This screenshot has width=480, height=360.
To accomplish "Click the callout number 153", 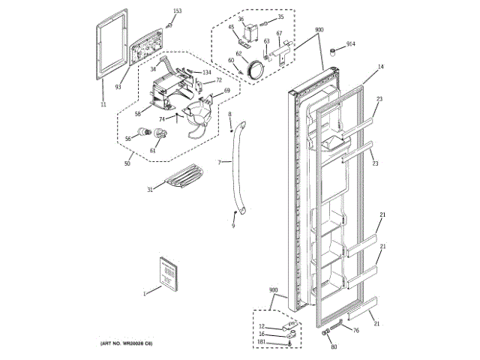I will [177, 10].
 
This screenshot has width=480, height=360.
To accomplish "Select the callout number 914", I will [351, 44].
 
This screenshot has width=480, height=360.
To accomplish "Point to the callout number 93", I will [118, 87].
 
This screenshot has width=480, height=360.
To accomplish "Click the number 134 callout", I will [206, 72].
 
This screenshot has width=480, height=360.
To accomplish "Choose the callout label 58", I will [138, 114].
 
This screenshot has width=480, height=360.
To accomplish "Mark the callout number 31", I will [150, 190].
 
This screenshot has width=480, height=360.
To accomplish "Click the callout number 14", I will [380, 67].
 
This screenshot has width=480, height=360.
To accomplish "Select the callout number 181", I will [261, 342].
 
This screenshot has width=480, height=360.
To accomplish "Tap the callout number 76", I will [355, 330].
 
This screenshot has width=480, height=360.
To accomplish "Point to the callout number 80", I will [334, 346].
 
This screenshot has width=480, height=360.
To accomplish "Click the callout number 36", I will [241, 19].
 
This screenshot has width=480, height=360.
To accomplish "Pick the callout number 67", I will [280, 34].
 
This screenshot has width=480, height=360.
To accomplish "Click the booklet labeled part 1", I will [166, 271].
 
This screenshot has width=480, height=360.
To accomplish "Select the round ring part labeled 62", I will [255, 67].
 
